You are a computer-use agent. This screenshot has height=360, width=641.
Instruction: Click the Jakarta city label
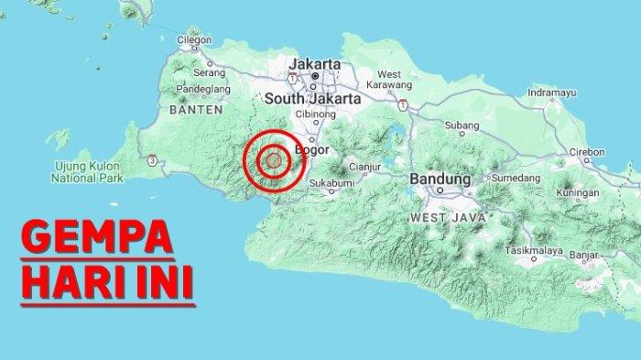314,64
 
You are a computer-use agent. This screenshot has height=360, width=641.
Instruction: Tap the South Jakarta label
310,97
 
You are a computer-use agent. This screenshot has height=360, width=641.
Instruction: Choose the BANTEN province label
197,109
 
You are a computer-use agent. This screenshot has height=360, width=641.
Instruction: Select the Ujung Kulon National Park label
87,171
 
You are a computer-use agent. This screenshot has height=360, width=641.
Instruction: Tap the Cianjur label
364,167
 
